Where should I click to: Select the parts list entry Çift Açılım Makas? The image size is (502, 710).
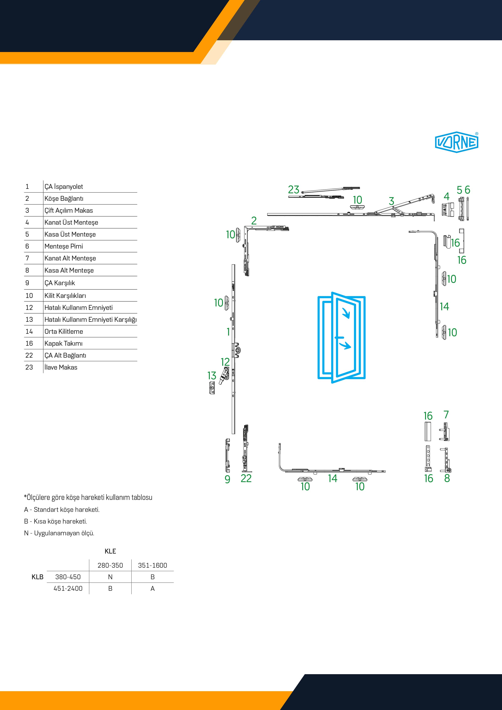[68, 210]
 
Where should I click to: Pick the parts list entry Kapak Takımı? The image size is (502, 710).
[63, 343]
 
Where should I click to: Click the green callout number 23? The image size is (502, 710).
[294, 190]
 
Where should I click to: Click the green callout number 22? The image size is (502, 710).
[246, 478]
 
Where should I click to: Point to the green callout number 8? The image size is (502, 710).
[447, 478]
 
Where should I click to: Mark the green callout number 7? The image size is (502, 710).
[446, 415]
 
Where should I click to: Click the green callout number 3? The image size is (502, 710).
[391, 201]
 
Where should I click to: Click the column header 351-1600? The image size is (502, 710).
[152, 565]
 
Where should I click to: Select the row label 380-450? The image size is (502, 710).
[68, 577]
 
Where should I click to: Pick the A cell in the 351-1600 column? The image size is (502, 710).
[152, 589]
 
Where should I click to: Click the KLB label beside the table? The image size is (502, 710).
[37, 577]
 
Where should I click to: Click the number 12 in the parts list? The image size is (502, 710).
[29, 308]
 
